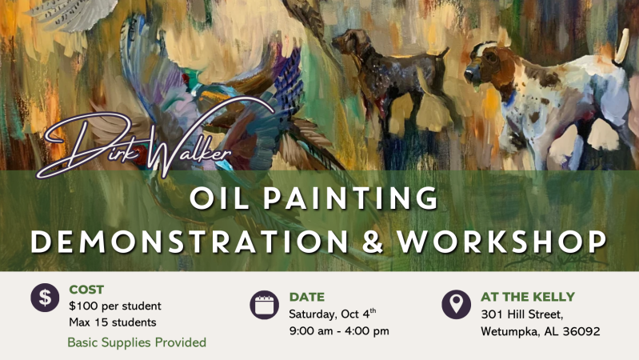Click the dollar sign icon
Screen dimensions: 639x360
tap(45, 298)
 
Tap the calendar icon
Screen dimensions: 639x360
tap(264, 305)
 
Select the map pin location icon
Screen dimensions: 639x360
tap(456, 305)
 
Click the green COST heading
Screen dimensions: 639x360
tap(86, 290)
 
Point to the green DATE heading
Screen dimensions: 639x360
tap(307, 297)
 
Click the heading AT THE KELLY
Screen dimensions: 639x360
tap(528, 296)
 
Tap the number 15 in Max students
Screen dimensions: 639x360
tap(102, 322)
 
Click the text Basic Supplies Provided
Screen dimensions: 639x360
tap(137, 342)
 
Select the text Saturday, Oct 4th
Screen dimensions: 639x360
tap(333, 314)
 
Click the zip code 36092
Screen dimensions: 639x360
tap(581, 331)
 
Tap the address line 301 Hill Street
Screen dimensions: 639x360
tap(522, 314)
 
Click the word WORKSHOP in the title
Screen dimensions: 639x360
tap(502, 242)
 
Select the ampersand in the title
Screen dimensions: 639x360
tap(373, 242)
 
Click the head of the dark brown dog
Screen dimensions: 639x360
tap(346, 41)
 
